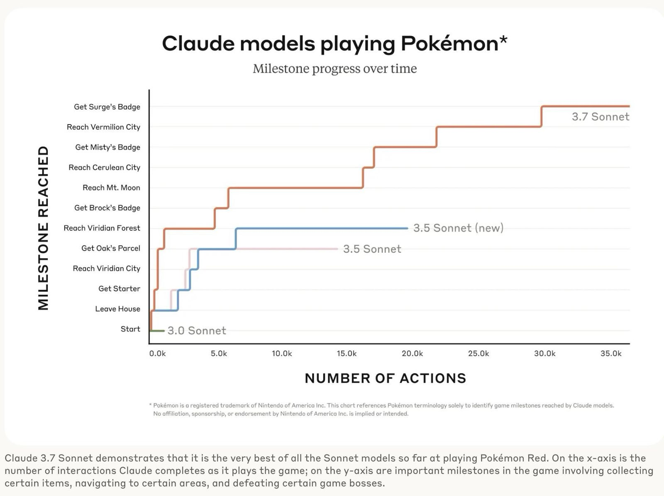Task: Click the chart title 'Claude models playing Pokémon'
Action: (x=330, y=44)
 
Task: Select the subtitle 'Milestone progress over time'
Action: (x=334, y=68)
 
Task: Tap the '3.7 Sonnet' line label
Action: (x=600, y=117)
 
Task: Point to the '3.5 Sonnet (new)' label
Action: (x=458, y=228)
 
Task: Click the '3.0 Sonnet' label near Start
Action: (x=197, y=330)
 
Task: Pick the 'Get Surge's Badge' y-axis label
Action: (x=107, y=107)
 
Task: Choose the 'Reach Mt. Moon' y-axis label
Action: (x=111, y=188)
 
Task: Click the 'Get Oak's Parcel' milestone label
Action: (x=111, y=248)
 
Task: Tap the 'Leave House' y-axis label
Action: (x=117, y=309)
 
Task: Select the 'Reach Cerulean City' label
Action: (x=104, y=167)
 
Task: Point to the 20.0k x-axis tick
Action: (x=412, y=354)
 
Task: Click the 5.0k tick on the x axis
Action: (x=219, y=354)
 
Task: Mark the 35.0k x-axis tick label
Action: (x=611, y=354)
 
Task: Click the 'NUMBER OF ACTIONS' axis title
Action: (x=386, y=378)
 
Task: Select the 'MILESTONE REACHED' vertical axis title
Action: (x=44, y=228)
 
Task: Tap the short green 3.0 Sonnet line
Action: (x=158, y=331)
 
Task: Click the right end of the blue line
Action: (x=407, y=228)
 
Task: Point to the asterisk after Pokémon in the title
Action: (x=503, y=40)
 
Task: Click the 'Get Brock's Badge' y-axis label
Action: (x=107, y=208)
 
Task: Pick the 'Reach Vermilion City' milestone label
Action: (x=103, y=127)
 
